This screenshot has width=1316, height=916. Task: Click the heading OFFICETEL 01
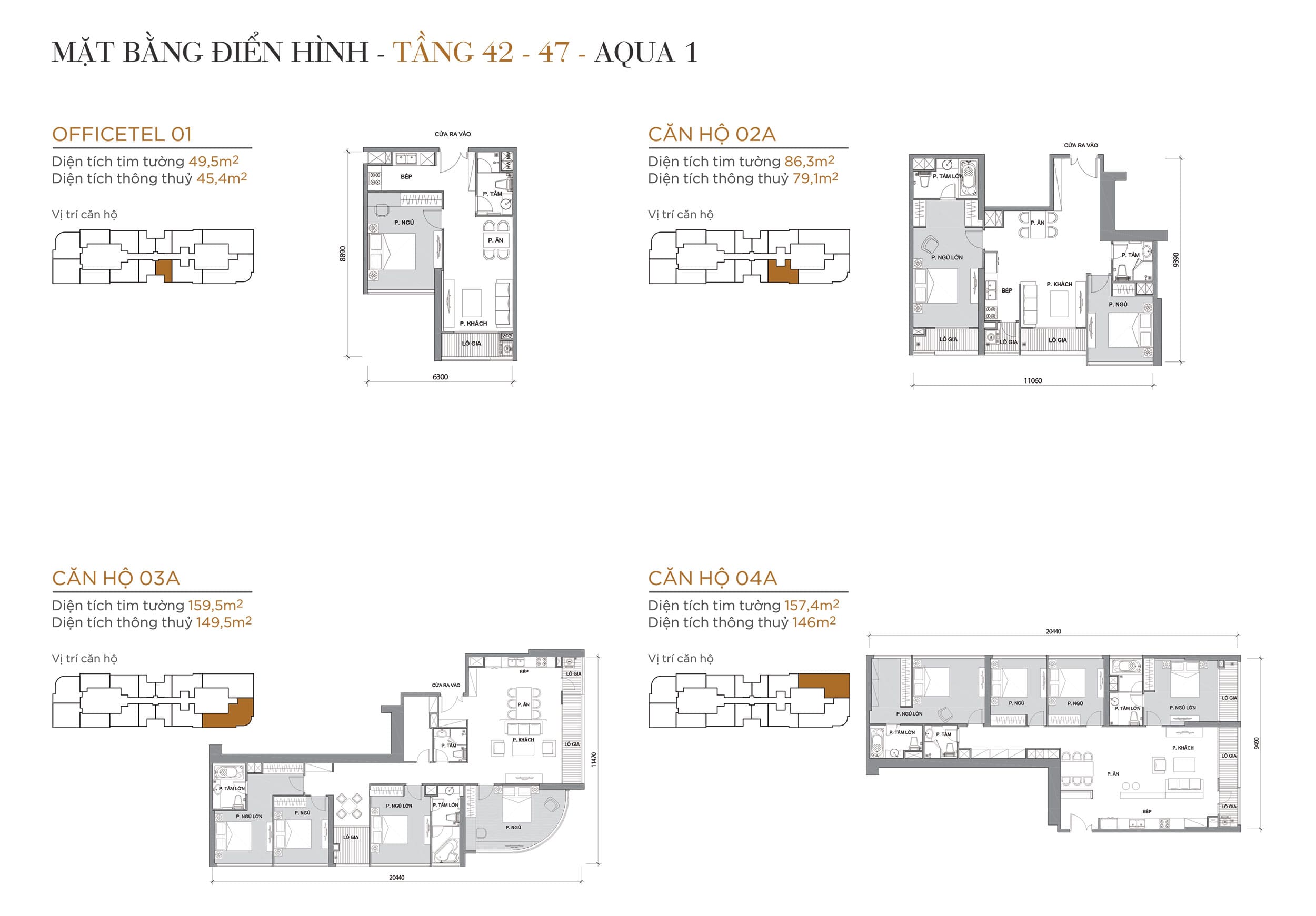(122, 135)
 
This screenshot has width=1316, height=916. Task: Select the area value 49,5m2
(213, 162)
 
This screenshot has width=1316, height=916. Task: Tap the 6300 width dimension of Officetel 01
(440, 377)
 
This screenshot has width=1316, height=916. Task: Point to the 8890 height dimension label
(343, 254)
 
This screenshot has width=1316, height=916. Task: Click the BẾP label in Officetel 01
(406, 176)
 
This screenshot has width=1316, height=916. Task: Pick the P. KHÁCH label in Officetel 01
(473, 324)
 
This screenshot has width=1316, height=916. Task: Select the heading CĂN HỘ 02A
(711, 135)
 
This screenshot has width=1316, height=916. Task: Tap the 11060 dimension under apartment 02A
(1033, 381)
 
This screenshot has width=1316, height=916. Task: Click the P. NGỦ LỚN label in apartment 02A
(947, 258)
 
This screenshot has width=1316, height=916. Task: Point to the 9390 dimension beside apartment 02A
(1176, 259)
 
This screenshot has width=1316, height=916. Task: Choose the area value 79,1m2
(815, 179)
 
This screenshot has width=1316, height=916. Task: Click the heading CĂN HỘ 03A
(116, 579)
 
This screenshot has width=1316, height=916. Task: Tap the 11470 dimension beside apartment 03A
(594, 760)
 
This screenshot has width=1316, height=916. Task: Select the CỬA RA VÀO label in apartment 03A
(446, 685)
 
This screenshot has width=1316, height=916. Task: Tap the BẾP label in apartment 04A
(1147, 812)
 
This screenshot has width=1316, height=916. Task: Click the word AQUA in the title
(634, 53)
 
